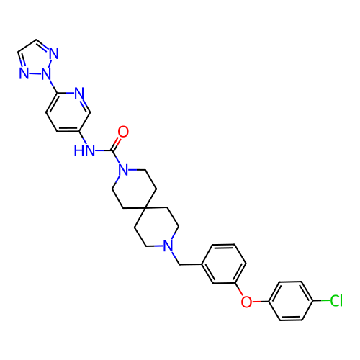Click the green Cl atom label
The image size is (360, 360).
336,300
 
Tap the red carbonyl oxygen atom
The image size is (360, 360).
123,132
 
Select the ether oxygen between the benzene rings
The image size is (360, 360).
246,302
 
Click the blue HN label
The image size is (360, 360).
84,150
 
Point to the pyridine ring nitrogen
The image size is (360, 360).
79,93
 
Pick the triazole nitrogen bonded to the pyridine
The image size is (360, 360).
46,73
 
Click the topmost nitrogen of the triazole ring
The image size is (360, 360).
54,53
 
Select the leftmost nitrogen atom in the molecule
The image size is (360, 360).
24,73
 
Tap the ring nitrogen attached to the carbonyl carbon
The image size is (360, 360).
123,170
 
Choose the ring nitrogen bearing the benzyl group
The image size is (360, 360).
168,246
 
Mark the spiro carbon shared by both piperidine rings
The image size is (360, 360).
145,208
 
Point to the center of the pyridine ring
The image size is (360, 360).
68,112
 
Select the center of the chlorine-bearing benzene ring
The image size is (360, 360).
291,301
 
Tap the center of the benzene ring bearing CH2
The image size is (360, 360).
224,264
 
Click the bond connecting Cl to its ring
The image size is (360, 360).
321,300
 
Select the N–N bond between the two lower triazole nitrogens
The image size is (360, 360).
35,73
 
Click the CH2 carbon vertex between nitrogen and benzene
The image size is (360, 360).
180,264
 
